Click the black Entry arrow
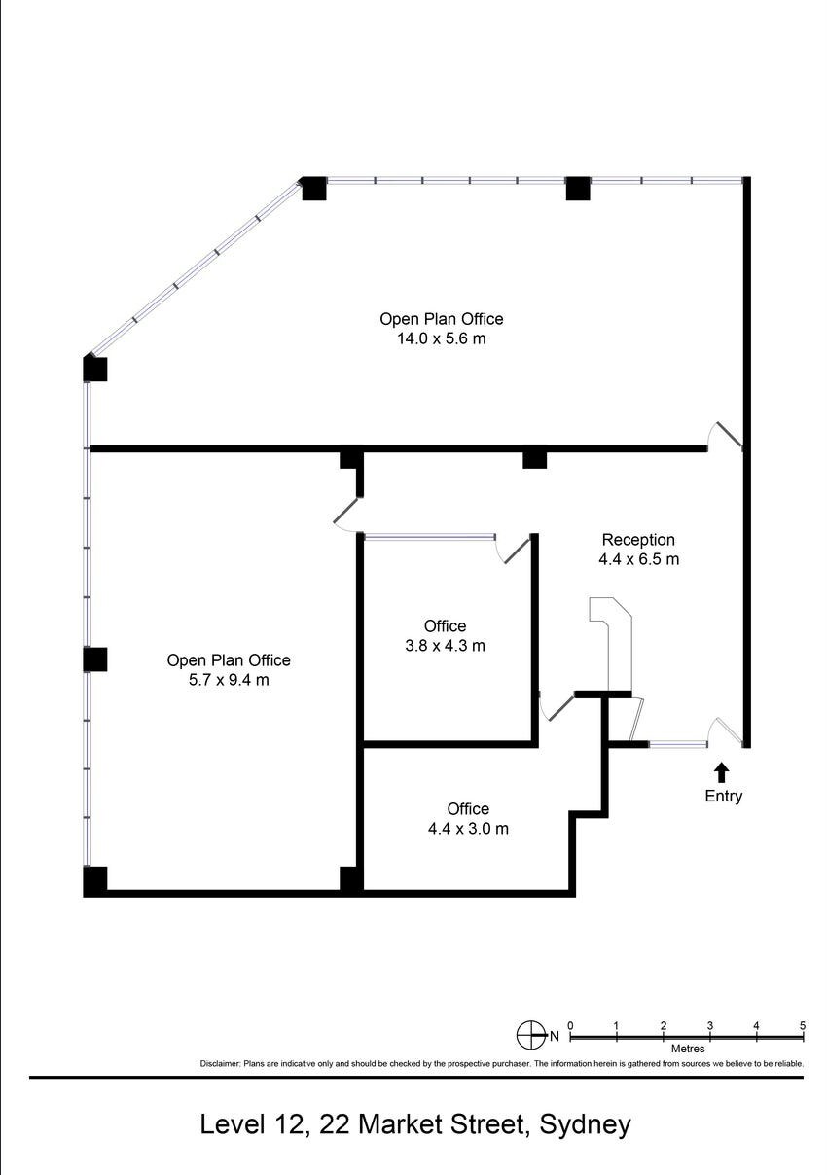721,772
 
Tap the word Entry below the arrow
723,797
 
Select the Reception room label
637,540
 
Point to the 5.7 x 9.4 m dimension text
228,680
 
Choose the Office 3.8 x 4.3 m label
445,635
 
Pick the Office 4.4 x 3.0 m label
468,819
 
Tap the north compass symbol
531,1035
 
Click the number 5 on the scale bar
802,1025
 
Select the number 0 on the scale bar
570,1025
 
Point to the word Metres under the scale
687,1050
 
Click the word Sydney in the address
585,1124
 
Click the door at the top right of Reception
725,436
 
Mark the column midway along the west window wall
94,659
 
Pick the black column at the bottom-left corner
94,881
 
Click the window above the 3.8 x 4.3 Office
429,536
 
